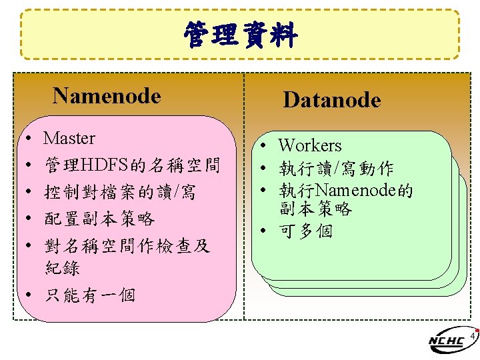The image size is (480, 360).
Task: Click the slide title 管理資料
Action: [x=240, y=35]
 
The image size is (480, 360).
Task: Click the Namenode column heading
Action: [x=107, y=96]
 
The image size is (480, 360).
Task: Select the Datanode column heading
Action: [x=331, y=101]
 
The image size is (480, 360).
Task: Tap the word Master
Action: [x=69, y=139]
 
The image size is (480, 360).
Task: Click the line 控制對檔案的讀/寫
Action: [x=119, y=193]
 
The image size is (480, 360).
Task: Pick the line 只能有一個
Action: [x=89, y=294]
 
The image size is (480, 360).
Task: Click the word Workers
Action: [x=309, y=145]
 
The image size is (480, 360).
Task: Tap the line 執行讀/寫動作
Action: [x=336, y=169]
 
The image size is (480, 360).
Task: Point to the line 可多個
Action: [x=306, y=231]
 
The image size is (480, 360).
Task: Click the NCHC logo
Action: [x=448, y=341]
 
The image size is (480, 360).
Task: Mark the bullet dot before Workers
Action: [x=265, y=146]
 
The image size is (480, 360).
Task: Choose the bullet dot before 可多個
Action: [x=265, y=232]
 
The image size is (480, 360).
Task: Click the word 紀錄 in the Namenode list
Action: [x=62, y=268]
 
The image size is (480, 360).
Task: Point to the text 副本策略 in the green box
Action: [x=315, y=209]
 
